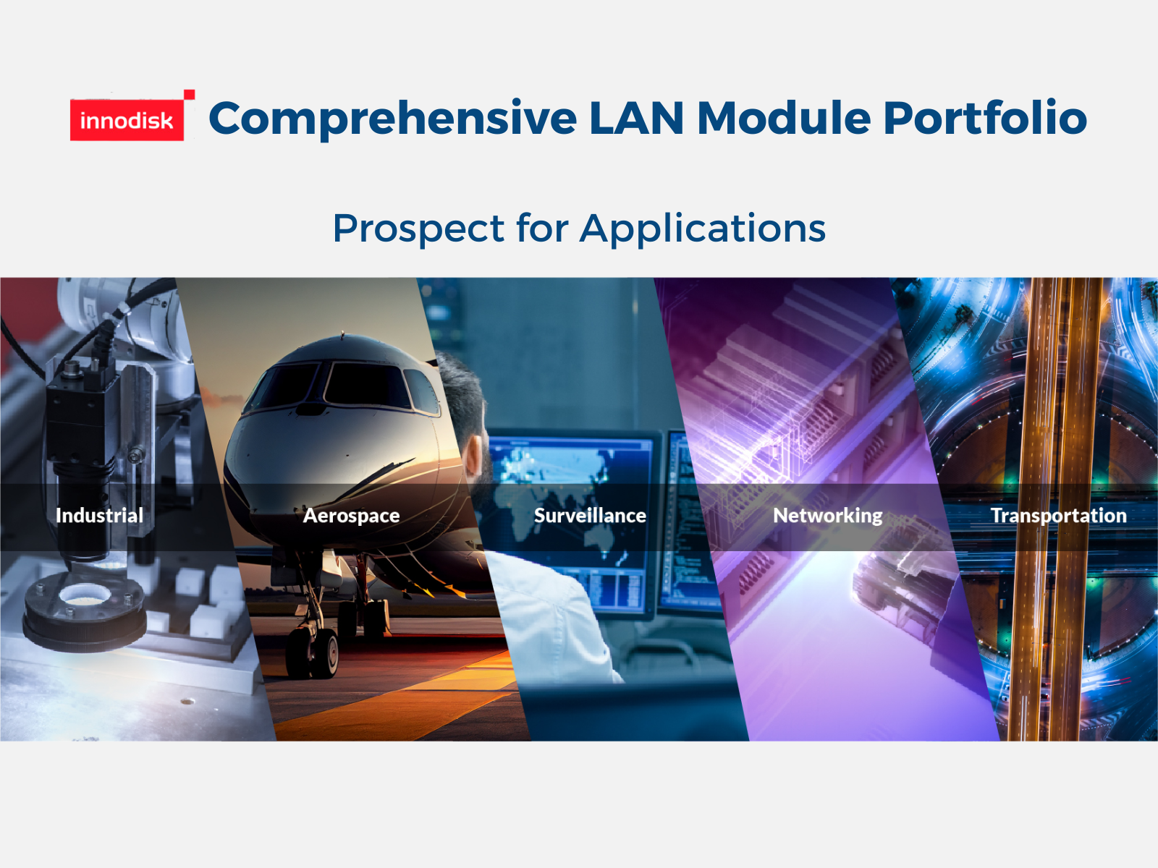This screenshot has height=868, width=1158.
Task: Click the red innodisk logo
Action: (x=127, y=119)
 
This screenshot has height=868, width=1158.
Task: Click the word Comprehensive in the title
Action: (x=393, y=119)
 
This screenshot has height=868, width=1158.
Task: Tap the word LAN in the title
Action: (x=637, y=118)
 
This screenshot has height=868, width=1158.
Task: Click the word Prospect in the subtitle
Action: (x=418, y=229)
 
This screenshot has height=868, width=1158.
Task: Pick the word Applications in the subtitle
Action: (x=703, y=229)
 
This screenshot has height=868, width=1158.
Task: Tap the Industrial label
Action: (x=99, y=516)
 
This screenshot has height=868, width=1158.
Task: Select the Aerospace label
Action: (x=351, y=516)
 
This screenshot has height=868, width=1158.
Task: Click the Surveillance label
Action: (x=590, y=516)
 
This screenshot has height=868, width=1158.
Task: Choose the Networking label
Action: (x=828, y=516)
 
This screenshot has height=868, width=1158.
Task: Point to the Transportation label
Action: (x=1058, y=516)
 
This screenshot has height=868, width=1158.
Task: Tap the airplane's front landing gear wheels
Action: (x=313, y=652)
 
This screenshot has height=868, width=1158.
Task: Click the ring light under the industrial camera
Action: (x=85, y=611)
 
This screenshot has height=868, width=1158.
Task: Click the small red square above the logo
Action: (x=189, y=95)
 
